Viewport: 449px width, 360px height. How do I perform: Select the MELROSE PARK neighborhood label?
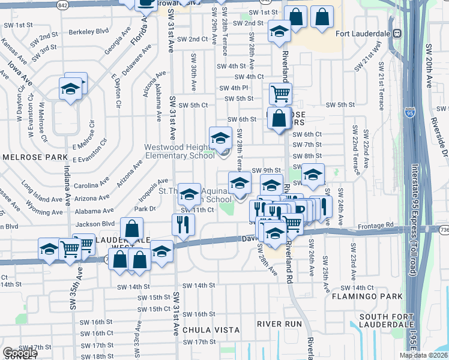(35, 157)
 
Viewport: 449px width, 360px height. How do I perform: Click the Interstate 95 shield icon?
(410, 112)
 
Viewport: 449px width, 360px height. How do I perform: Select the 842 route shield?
(63, 4)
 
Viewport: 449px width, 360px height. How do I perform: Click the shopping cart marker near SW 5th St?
(280, 94)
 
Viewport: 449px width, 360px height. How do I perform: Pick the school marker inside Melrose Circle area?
(70, 90)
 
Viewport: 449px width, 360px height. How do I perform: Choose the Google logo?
(19, 353)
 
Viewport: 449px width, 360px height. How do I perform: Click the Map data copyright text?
(423, 355)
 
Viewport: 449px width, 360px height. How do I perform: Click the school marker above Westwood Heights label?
(220, 139)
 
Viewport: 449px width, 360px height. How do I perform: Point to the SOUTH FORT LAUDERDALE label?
(384, 322)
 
